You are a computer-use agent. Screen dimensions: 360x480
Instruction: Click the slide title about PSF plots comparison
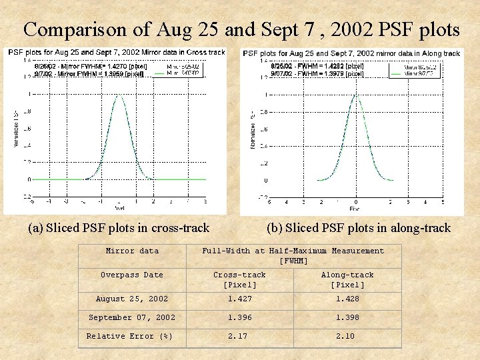coord(241,29)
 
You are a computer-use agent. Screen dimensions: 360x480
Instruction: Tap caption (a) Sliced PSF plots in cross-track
coord(119,228)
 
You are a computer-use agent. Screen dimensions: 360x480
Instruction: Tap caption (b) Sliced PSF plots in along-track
coord(358,228)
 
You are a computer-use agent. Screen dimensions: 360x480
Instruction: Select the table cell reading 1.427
coord(239,299)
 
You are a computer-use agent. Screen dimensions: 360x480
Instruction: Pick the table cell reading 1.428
coord(345,299)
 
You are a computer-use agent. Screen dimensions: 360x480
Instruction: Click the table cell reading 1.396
coord(239,317)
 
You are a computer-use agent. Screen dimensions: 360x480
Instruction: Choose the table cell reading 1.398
coord(345,317)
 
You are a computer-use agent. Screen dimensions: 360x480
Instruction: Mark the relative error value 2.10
coord(345,336)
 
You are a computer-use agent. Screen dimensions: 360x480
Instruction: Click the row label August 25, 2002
coord(132,299)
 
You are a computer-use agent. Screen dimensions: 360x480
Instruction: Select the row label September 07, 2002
coord(132,317)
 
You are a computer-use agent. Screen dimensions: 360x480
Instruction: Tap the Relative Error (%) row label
coord(129,336)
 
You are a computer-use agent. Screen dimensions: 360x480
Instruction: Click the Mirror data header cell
coord(132,251)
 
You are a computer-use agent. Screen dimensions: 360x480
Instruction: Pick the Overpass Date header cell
coord(132,275)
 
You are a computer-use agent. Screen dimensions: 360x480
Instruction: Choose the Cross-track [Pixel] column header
coord(239,279)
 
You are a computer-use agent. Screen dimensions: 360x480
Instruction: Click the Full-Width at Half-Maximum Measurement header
coord(293,255)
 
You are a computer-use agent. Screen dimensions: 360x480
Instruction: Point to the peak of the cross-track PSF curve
coord(119,95)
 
